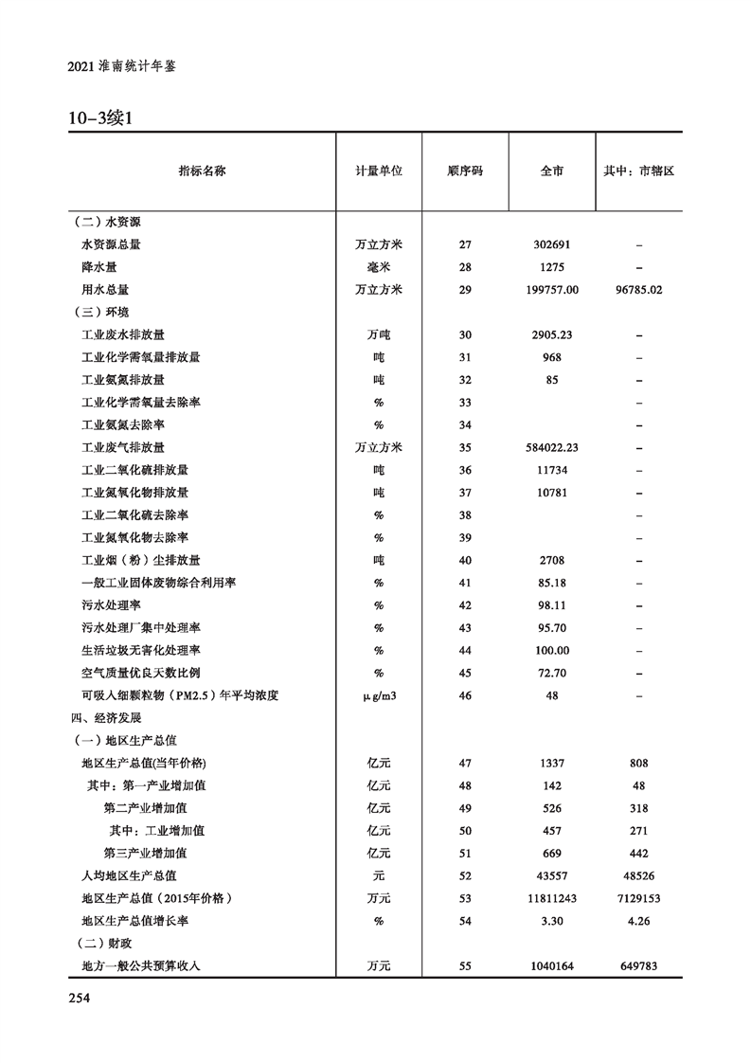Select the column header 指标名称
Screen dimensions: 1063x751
202,171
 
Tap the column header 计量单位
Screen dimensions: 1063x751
379,171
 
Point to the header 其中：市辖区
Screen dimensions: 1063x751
638,171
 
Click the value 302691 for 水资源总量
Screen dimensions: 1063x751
552,244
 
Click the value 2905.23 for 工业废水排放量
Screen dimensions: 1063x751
552,334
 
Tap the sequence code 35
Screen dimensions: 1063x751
465,447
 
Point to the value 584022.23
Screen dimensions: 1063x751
552,447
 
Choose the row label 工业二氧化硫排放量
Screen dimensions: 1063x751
134,470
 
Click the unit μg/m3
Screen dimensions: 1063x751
379,695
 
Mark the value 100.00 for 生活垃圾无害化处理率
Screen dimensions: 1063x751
552,650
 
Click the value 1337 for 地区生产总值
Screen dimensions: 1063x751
552,763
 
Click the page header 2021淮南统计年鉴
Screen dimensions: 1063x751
122,68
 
